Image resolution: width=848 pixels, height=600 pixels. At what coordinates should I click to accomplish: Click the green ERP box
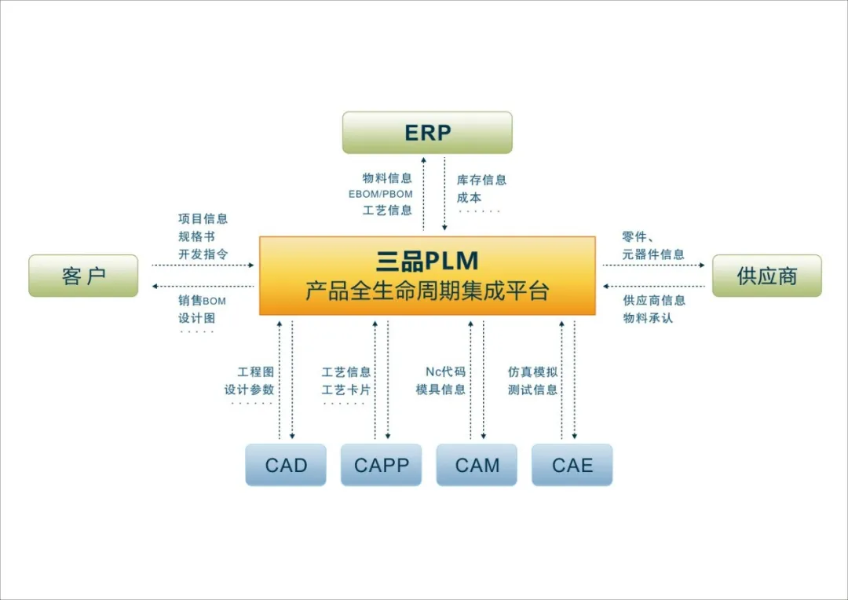point(427,133)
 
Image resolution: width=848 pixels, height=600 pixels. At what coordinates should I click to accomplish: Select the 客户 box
point(83,276)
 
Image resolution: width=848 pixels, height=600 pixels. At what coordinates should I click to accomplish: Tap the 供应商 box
point(766,276)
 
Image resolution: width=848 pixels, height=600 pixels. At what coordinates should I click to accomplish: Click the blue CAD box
point(286,465)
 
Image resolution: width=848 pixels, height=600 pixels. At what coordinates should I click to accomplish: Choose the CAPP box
point(382,465)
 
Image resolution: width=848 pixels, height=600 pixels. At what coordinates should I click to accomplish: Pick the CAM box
point(477,465)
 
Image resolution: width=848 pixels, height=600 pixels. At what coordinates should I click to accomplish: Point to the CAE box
point(572,465)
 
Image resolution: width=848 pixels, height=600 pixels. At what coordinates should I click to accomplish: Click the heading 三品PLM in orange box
point(427,261)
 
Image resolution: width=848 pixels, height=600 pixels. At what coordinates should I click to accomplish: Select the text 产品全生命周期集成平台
point(427,291)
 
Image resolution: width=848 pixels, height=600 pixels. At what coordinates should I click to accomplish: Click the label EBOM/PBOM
point(380,194)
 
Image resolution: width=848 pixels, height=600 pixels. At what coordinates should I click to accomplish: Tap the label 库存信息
point(481,180)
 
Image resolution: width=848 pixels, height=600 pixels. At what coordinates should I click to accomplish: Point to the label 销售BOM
point(202,301)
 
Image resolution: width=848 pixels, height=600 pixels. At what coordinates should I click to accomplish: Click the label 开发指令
point(203,254)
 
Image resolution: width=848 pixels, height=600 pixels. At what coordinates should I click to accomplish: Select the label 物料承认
point(648,318)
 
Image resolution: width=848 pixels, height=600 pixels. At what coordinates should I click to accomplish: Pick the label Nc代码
point(445,371)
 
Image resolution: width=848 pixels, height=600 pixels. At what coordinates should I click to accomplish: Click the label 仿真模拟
point(532,371)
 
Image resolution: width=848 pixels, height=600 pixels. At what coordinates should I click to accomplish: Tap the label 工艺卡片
point(346,390)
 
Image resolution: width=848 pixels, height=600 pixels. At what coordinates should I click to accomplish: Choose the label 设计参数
point(249,390)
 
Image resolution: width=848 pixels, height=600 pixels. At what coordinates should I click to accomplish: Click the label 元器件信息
point(653,254)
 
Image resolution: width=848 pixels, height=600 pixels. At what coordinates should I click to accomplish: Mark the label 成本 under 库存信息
point(469,198)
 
